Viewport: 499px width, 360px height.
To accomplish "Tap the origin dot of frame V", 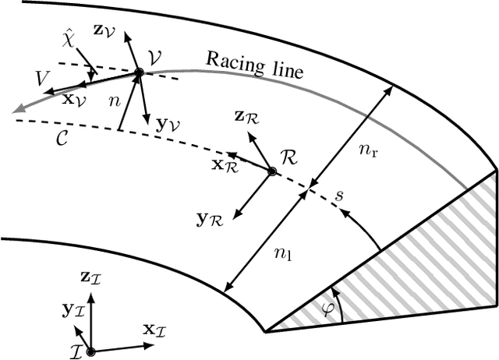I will tap(139, 72).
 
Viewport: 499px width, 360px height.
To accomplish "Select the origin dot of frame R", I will tap(271, 171).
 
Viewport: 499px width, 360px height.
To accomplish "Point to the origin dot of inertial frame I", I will tap(91, 352).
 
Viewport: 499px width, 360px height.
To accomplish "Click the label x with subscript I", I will tap(154, 330).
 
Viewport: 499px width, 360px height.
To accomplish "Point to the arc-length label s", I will tap(338, 195).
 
